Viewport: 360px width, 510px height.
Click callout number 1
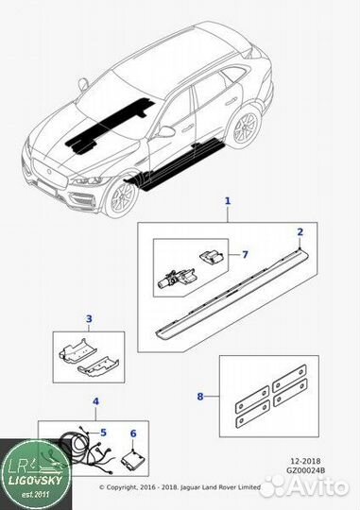click(228, 201)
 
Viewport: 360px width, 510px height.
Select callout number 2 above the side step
click(300, 232)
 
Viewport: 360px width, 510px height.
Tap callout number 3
click(89, 319)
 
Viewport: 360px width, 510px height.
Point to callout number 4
click(95, 401)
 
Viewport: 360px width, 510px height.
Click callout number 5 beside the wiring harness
click(103, 433)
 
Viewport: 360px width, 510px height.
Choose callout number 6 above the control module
click(133, 433)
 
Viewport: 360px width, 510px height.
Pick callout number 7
click(245, 254)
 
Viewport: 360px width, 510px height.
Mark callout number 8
click(200, 397)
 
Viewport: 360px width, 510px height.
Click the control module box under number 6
click(133, 459)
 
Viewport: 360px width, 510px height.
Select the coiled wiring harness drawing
click(88, 451)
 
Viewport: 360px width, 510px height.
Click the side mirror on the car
click(166, 130)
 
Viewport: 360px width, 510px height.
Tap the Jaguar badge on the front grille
click(49, 171)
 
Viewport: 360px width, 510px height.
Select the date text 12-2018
click(305, 461)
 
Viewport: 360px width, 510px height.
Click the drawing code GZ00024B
click(305, 470)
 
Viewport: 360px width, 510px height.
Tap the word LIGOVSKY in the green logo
click(35, 480)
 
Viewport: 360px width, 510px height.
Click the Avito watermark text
click(318, 486)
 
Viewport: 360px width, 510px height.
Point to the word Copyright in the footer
click(121, 487)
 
